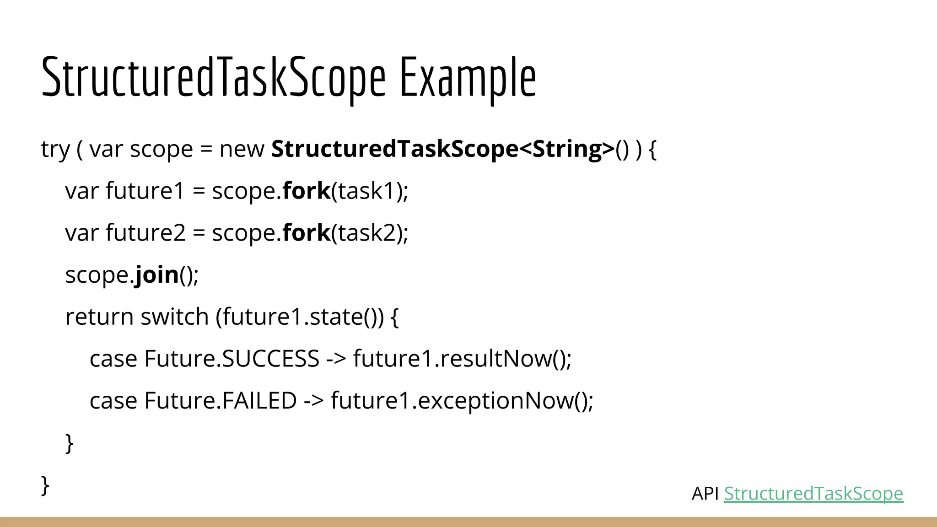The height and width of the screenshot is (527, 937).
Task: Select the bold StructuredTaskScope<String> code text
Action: (x=442, y=149)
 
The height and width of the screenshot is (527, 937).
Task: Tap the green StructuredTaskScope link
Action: (x=813, y=494)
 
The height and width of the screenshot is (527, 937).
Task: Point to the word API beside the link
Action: (x=705, y=494)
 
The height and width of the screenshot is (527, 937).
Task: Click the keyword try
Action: (x=55, y=150)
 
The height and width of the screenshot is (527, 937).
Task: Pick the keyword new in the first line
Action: (x=242, y=150)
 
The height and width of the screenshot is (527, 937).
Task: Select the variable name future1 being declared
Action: (x=145, y=191)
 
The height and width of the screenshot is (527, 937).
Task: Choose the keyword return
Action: (x=99, y=317)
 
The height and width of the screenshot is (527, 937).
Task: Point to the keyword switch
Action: (x=174, y=317)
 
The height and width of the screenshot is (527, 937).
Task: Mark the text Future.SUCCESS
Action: (x=232, y=359)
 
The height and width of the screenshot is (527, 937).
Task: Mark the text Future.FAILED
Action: (x=221, y=401)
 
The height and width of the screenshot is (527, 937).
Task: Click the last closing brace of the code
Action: (x=45, y=485)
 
